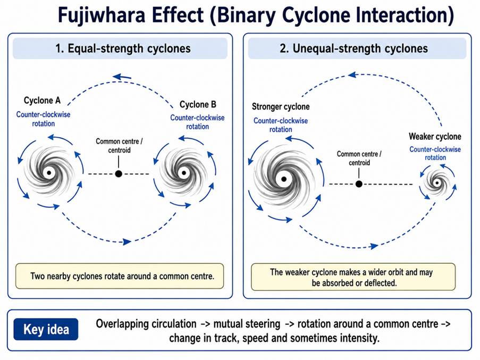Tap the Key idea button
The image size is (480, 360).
click(46, 329)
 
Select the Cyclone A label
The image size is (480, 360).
click(42, 101)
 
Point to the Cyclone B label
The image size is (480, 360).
click(198, 104)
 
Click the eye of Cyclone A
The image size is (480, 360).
click(49, 173)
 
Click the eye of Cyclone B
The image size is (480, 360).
click(184, 173)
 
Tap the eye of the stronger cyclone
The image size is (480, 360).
click(284, 179)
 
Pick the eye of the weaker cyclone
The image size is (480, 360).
click(437, 183)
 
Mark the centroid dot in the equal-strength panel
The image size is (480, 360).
click(119, 174)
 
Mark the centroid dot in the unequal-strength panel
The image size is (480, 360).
click(359, 184)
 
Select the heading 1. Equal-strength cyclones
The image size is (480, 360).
click(123, 48)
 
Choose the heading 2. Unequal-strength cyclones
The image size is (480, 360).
click(353, 48)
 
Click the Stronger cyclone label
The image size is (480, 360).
click(281, 106)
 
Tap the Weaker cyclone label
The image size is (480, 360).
click(435, 136)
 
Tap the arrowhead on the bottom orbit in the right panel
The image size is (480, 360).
click(374, 246)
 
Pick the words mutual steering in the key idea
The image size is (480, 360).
click(247, 324)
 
